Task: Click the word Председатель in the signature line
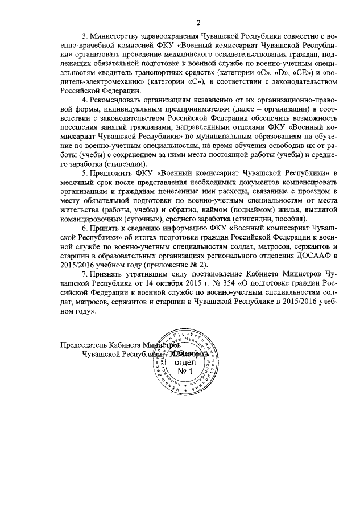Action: pyautogui.click(x=88, y=344)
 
